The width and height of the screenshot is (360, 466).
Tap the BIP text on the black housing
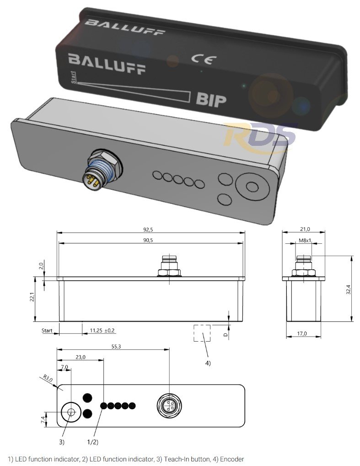[x=211, y=99]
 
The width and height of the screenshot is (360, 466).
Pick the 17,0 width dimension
[x=303, y=333]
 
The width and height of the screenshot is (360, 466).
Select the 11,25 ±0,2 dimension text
[x=102, y=330]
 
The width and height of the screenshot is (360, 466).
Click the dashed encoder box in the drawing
[x=202, y=333]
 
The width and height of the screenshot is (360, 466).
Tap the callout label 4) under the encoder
[x=208, y=363]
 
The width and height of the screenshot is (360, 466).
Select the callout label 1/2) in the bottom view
[x=92, y=442]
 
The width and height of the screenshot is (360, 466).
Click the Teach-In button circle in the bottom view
[x=71, y=412]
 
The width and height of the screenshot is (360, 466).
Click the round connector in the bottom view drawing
[x=169, y=405]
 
